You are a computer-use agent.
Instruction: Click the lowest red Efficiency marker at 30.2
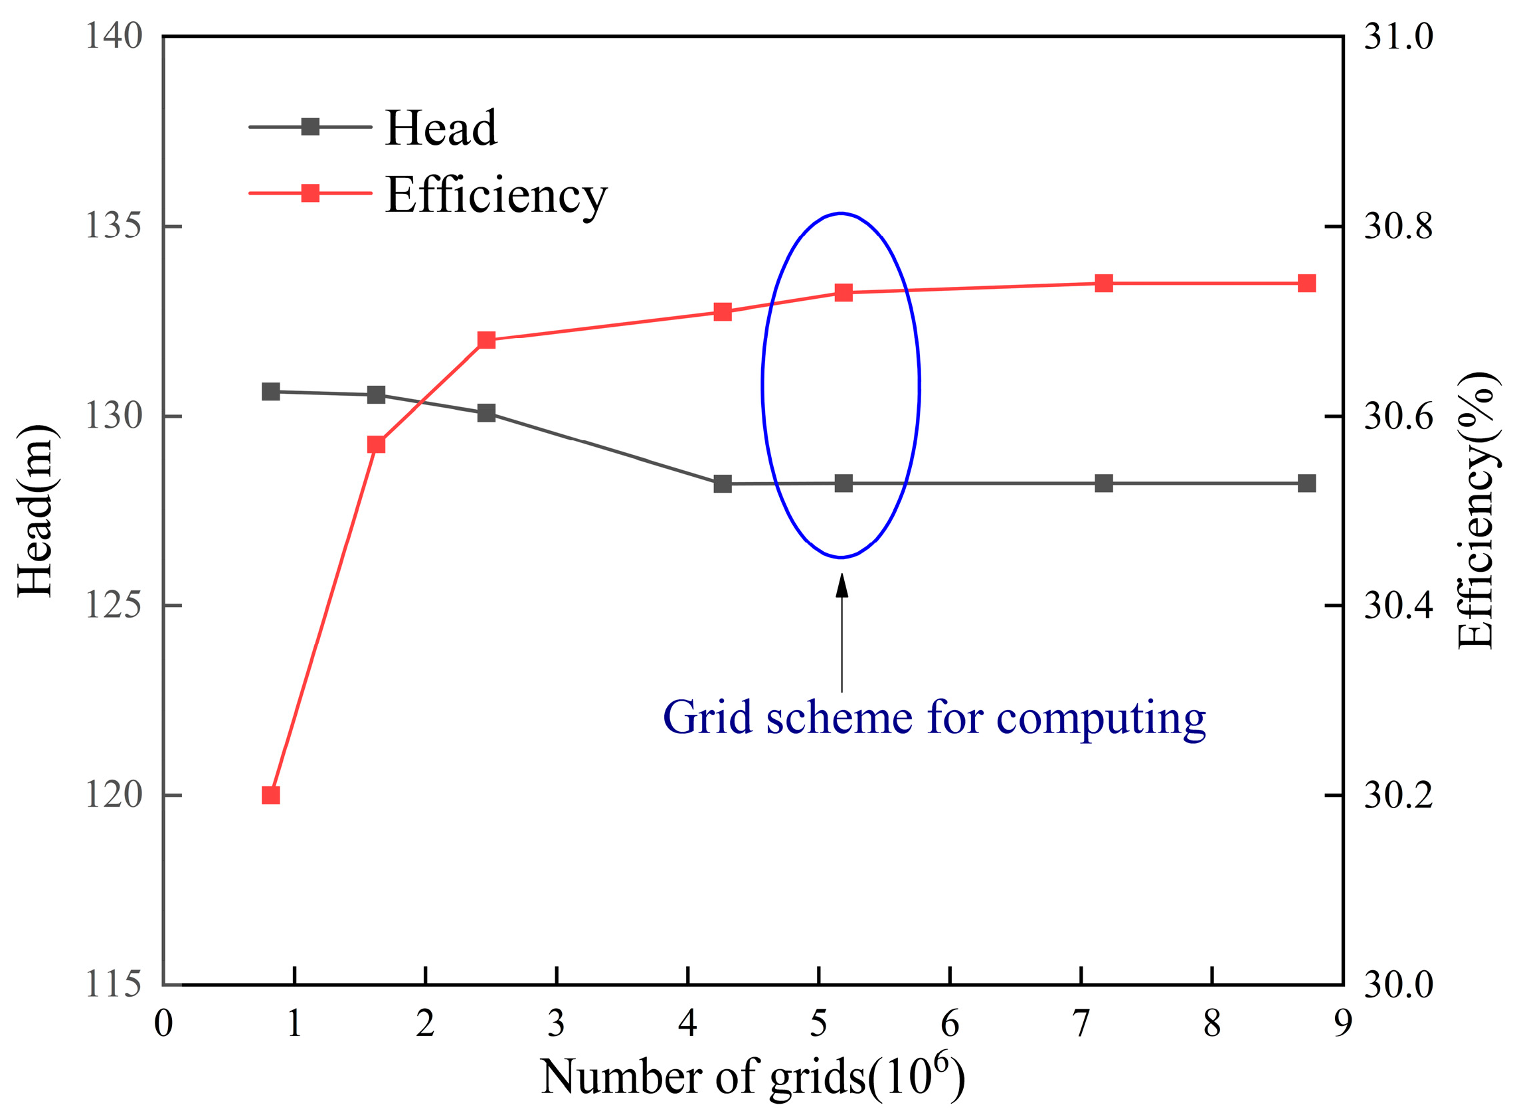coord(270,795)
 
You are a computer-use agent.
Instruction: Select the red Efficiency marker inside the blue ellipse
coord(844,293)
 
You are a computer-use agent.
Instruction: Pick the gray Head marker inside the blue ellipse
coord(844,483)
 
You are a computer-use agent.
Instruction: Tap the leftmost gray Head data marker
coord(270,391)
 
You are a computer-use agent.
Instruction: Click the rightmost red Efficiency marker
coord(1306,283)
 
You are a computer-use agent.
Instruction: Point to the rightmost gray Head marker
coord(1306,483)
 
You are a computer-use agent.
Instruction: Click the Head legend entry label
coord(440,128)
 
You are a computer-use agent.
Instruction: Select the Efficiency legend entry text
coord(495,195)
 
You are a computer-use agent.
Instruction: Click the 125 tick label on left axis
coord(113,606)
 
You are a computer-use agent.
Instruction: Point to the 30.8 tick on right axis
coord(1398,226)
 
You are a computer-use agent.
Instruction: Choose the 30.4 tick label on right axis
coord(1398,606)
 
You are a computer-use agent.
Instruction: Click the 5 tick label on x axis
coord(818,1023)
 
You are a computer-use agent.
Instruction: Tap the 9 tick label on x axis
coord(1342,1023)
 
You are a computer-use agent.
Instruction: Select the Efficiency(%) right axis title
coord(1476,511)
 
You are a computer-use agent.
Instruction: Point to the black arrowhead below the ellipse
coord(842,586)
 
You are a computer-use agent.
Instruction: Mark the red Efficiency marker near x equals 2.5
coord(486,339)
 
